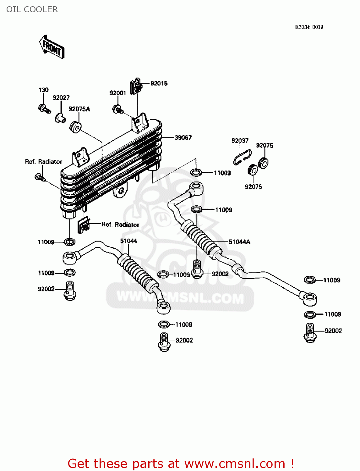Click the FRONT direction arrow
click(x=52, y=47)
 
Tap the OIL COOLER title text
click(x=32, y=9)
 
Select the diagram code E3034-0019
click(x=309, y=27)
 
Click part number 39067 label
click(x=183, y=138)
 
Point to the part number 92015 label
click(x=159, y=84)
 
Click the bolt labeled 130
click(x=44, y=109)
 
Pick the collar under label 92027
click(x=60, y=118)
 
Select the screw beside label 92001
click(x=117, y=109)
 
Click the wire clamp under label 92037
click(x=242, y=158)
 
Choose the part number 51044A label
click(x=239, y=242)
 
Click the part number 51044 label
click(x=128, y=241)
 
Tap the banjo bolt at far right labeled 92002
click(x=310, y=333)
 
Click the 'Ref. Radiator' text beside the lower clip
click(x=120, y=225)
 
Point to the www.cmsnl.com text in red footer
click(x=234, y=463)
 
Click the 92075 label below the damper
click(x=253, y=187)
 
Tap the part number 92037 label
click(x=240, y=141)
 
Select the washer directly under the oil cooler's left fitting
click(x=70, y=242)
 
